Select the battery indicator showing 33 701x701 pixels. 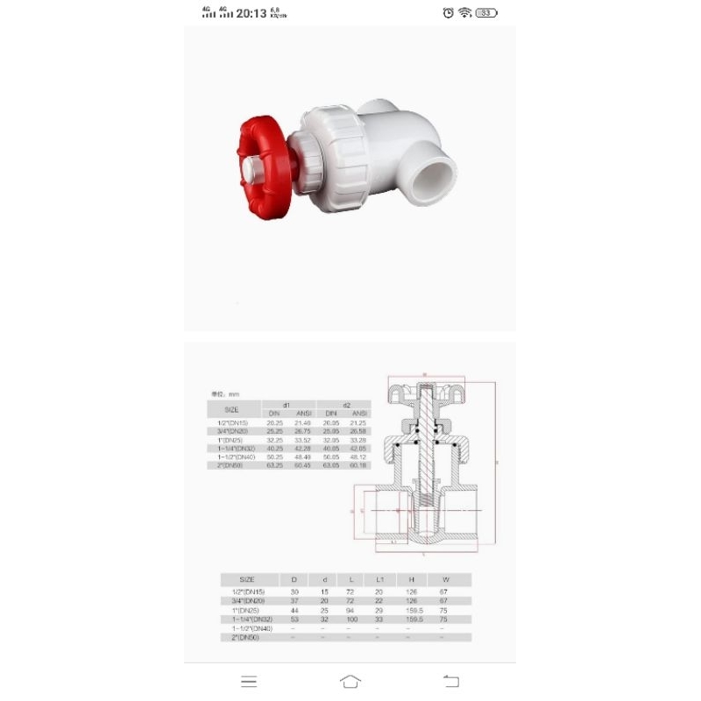(x=486, y=12)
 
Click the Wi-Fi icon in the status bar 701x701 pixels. (x=464, y=12)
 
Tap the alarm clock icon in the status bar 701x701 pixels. (x=448, y=12)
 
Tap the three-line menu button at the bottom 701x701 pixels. (x=249, y=681)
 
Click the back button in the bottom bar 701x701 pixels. (x=451, y=681)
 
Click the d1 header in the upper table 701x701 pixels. (x=288, y=405)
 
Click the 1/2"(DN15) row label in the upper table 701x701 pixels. (x=233, y=422)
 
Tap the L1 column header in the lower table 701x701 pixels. (x=379, y=579)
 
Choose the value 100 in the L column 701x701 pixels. (x=350, y=620)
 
